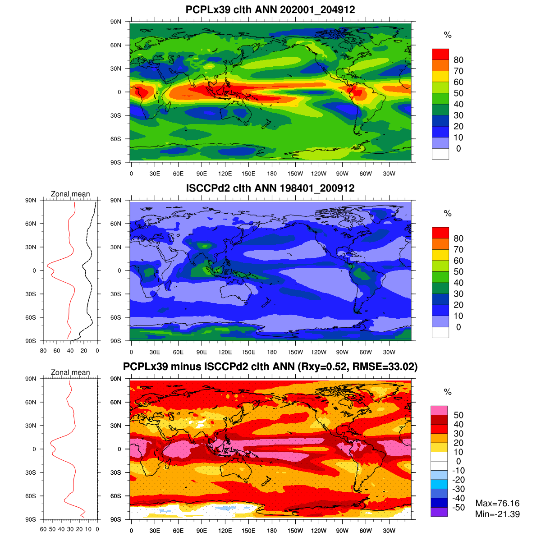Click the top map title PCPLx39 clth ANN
pyautogui.click(x=270, y=9)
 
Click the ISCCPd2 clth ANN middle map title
pyautogui.click(x=270, y=188)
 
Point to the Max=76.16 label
pyautogui.click(x=497, y=504)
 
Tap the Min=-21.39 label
pyautogui.click(x=497, y=514)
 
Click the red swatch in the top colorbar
pyautogui.click(x=440, y=54)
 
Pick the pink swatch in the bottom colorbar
pyautogui.click(x=439, y=410)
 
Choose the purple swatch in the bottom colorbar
pyautogui.click(x=439, y=512)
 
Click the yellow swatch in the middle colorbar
pyautogui.click(x=440, y=255)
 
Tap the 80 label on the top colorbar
pyautogui.click(x=458, y=60)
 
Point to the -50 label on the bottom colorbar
pyautogui.click(x=458, y=508)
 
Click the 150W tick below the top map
pyautogui.click(x=295, y=174)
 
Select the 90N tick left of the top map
pyautogui.click(x=116, y=22)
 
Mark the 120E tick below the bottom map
pyautogui.click(x=225, y=531)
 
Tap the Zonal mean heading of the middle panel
pyautogui.click(x=70, y=194)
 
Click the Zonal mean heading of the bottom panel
pyautogui.click(x=70, y=372)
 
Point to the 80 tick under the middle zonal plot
pyautogui.click(x=43, y=350)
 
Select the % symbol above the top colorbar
pyautogui.click(x=447, y=35)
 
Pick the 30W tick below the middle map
pyautogui.click(x=389, y=352)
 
